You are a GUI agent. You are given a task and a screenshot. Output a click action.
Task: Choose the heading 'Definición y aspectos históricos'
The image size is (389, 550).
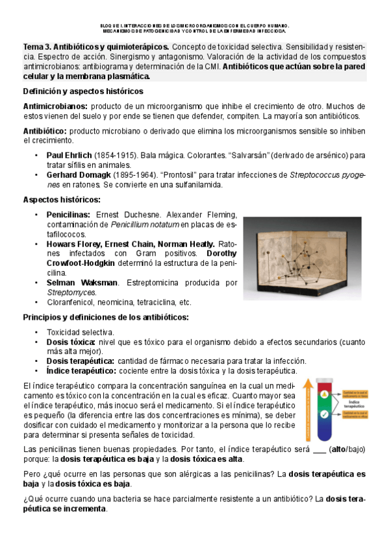click(83, 91)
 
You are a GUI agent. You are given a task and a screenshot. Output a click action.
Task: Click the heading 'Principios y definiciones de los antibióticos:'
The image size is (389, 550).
click(106, 317)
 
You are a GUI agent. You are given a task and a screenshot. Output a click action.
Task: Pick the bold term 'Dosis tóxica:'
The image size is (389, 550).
click(71, 342)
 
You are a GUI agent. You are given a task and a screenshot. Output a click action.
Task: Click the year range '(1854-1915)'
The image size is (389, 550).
click(115, 156)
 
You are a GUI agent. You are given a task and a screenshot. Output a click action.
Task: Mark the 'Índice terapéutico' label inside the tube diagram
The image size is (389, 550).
click(355, 403)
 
